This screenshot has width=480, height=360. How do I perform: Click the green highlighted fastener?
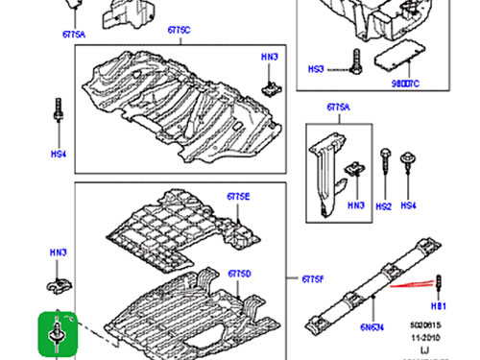[59, 332]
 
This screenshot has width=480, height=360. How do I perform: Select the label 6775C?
[178, 31]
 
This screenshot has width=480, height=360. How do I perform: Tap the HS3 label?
[343, 69]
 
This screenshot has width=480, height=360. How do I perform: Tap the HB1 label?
[440, 307]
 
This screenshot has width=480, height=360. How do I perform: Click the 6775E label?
[238, 197]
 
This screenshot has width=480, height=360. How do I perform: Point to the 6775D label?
[239, 275]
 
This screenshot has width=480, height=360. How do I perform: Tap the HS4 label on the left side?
[58, 155]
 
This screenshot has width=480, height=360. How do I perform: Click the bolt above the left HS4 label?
[60, 110]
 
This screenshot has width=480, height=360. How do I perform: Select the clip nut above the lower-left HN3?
[58, 285]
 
